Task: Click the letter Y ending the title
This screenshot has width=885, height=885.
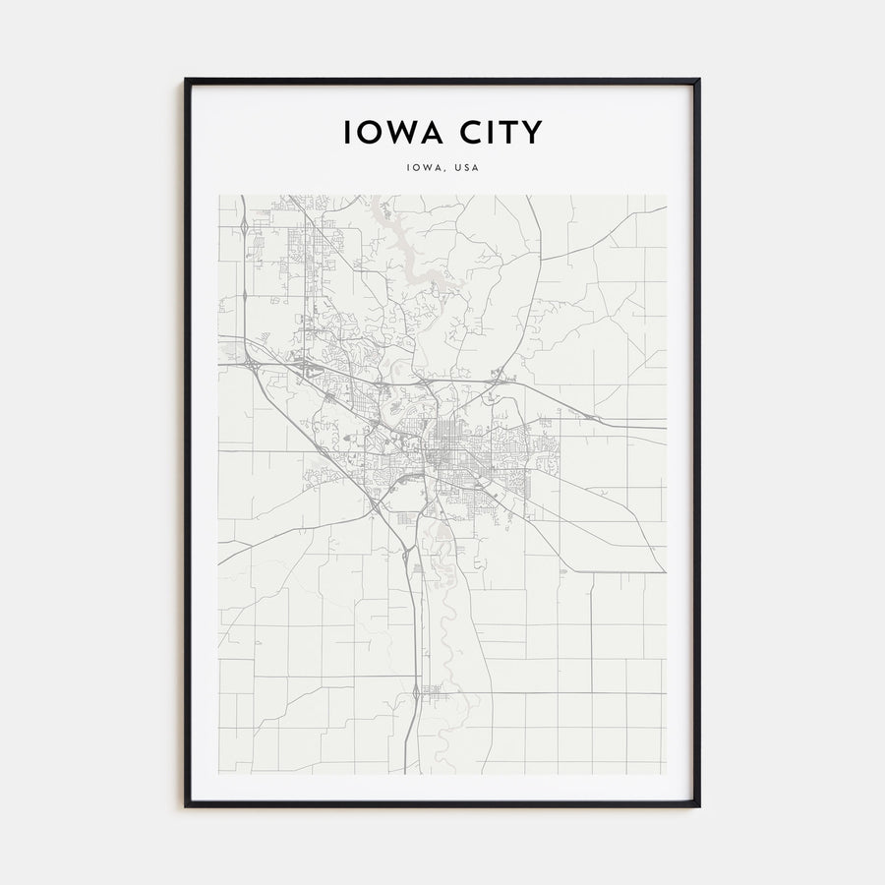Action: [x=532, y=132]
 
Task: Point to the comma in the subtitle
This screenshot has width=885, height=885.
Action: [x=443, y=170]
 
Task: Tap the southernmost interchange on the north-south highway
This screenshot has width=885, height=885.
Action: [x=418, y=694]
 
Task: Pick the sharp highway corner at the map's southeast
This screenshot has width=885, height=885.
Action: [x=663, y=571]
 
